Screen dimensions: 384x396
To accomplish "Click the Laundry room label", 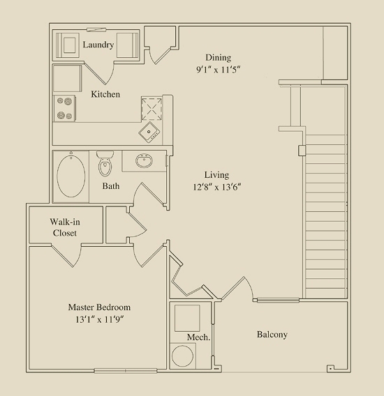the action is click(x=98, y=45).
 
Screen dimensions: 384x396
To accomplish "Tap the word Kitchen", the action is click(x=105, y=94).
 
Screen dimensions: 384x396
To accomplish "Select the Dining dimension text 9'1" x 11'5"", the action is click(x=218, y=70).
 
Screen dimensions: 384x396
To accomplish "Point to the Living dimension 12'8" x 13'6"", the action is click(x=217, y=187).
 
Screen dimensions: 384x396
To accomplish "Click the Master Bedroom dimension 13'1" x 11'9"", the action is click(x=99, y=319).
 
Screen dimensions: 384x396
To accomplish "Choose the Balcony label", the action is click(x=272, y=335).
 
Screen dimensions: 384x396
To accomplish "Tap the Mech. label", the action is click(x=198, y=337).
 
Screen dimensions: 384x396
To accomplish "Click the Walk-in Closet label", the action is click(x=65, y=227).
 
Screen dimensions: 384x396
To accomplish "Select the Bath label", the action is click(x=111, y=186).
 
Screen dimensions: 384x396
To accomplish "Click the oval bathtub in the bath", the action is click(x=71, y=176).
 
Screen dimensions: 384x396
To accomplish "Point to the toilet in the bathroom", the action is click(x=105, y=163).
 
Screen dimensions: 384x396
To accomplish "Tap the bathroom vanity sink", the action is click(x=144, y=160).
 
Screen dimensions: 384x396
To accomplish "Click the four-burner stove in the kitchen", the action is click(x=64, y=108).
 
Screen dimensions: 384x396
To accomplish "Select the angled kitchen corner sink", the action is click(x=149, y=132).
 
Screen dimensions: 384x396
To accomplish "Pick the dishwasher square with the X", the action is click(x=152, y=109).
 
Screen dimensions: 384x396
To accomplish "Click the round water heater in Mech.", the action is click(x=183, y=356).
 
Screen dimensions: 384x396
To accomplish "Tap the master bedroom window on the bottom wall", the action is click(x=126, y=371).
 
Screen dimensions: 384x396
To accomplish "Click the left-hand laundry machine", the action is click(x=67, y=45).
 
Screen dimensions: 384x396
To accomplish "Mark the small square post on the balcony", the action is click(x=330, y=369).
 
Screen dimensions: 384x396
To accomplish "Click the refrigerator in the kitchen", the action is click(x=67, y=78).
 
